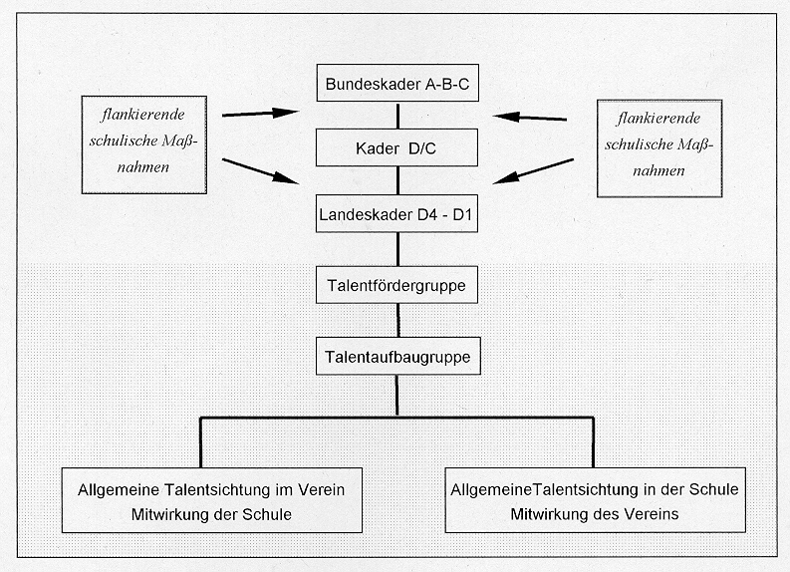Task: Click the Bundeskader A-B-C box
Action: (x=397, y=83)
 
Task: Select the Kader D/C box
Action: (x=396, y=147)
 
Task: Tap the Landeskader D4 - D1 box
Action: (x=396, y=213)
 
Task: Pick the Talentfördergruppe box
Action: (x=396, y=285)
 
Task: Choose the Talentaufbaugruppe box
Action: (x=398, y=357)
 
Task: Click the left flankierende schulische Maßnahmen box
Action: (x=144, y=144)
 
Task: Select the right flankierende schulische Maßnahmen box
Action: (x=659, y=148)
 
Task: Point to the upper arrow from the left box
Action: (x=260, y=114)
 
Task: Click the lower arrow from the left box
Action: (x=260, y=171)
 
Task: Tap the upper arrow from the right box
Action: (x=530, y=118)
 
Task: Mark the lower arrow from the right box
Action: (x=533, y=171)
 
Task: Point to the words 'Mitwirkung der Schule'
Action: (x=211, y=514)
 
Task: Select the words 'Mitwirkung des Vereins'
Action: (x=595, y=514)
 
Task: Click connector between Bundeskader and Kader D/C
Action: (x=398, y=116)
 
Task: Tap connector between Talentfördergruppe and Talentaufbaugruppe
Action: (x=398, y=320)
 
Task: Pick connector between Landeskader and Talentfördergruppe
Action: (x=398, y=249)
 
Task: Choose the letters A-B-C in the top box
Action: (x=447, y=84)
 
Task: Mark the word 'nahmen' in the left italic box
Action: (x=143, y=166)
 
